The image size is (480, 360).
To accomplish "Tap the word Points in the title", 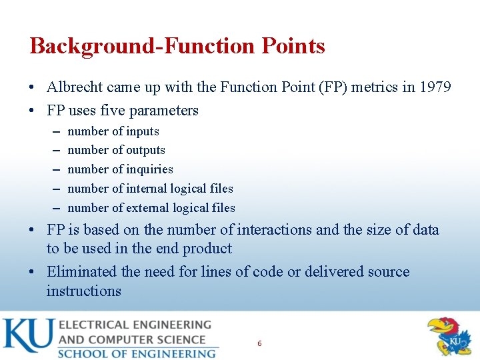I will [293, 46].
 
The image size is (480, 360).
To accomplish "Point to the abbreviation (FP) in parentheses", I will [324, 87].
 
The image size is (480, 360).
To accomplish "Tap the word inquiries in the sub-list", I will [148, 169].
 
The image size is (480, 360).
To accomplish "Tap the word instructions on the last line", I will [84, 291].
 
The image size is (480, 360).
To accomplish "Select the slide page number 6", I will [259, 343].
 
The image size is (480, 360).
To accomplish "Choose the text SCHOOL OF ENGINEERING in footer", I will [137, 353].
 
